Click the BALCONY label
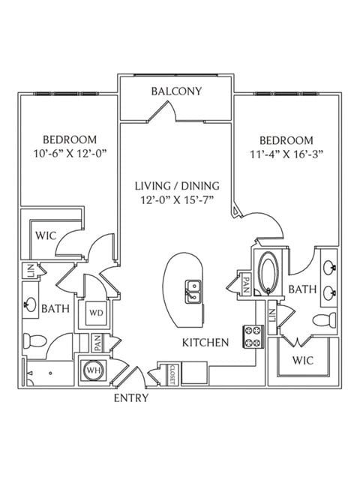(x=177, y=91)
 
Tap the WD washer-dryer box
(x=96, y=313)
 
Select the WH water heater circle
(x=94, y=370)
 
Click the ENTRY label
(x=131, y=398)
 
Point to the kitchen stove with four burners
(x=253, y=337)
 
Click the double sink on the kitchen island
(x=193, y=292)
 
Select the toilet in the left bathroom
(x=34, y=340)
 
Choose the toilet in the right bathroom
(x=324, y=320)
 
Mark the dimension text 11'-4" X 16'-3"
(x=286, y=154)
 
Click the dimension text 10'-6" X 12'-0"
(x=70, y=153)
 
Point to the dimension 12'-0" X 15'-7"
(x=177, y=200)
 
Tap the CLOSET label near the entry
(x=172, y=374)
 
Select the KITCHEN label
(x=205, y=343)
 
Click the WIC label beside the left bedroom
(x=46, y=235)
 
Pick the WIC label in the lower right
(x=303, y=360)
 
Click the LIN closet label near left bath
(x=31, y=271)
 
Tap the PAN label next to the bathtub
(x=246, y=285)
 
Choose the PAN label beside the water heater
(x=97, y=343)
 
